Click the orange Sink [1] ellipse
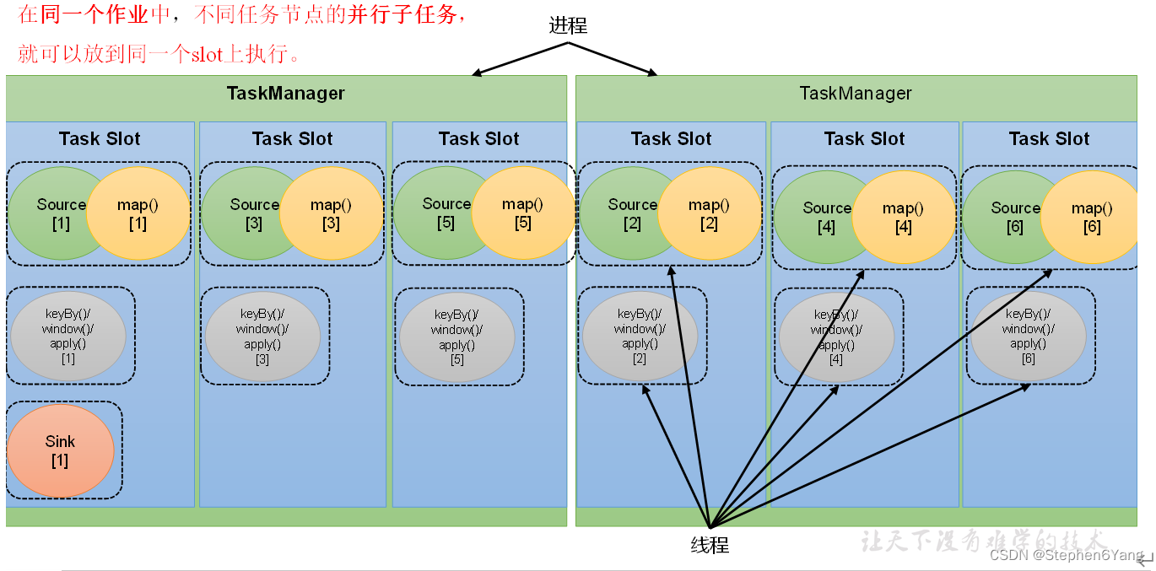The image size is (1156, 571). (60, 451)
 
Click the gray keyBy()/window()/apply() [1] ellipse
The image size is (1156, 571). (68, 336)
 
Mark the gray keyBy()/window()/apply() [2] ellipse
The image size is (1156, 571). (640, 336)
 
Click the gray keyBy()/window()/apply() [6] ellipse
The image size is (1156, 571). (1028, 336)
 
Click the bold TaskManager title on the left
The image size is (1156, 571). (285, 94)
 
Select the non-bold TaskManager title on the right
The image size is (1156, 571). (856, 94)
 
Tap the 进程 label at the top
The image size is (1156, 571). (568, 26)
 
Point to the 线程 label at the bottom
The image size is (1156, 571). (710, 545)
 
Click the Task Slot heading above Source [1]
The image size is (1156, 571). (100, 139)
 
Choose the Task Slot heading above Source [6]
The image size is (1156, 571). (1049, 139)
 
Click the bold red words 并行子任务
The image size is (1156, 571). (404, 16)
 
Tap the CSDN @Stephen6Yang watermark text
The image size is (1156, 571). (1067, 555)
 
